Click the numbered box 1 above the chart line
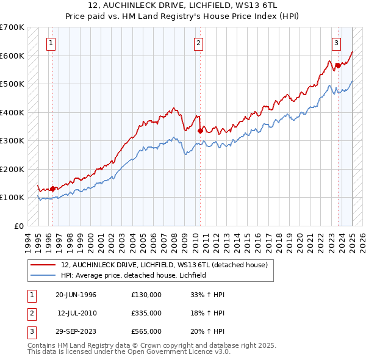coord(50,43)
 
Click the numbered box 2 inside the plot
coord(199,43)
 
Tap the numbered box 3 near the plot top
coord(336,43)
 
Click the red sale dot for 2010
coord(200,130)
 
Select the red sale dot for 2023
coord(338,65)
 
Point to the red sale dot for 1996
coord(52,189)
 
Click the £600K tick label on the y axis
coord(12,56)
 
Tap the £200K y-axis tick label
coord(12,169)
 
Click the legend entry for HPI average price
coord(134,275)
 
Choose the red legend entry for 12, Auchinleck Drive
coord(164,265)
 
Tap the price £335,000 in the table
coord(146,313)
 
